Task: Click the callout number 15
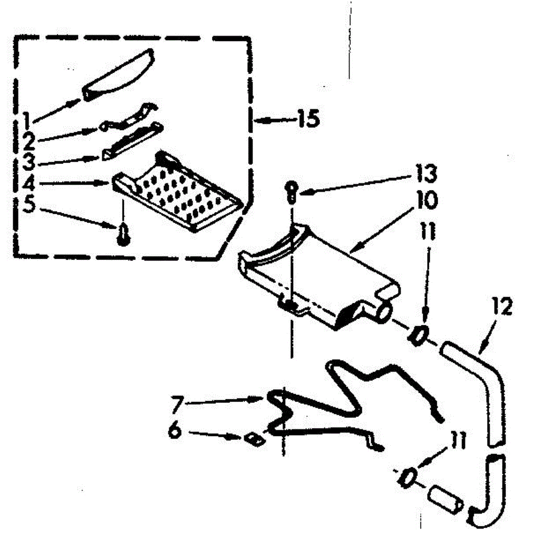click(307, 119)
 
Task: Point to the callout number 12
click(502, 308)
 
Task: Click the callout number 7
click(176, 404)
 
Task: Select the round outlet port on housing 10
click(383, 311)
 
